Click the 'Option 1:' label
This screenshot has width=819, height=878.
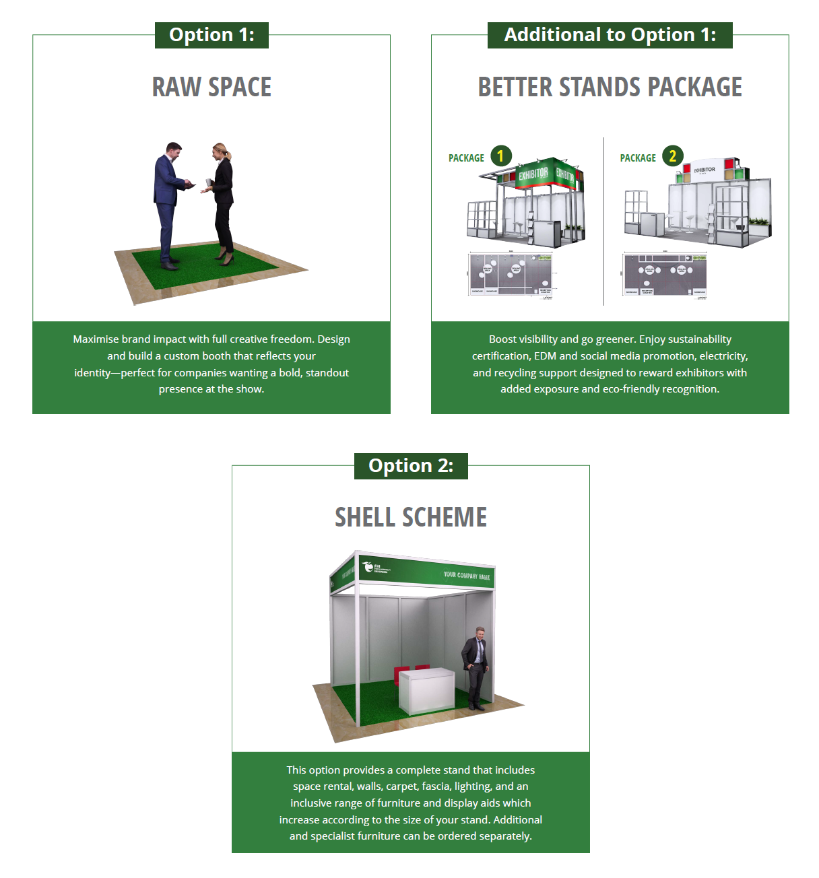(211, 35)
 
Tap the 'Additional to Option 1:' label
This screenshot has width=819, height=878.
(610, 35)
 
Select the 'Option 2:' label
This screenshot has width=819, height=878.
(411, 466)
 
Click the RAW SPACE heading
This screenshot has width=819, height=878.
(211, 88)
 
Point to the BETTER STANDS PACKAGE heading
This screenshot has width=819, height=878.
(610, 88)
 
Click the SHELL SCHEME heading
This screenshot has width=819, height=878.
(411, 518)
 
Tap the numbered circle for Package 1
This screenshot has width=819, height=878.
(500, 156)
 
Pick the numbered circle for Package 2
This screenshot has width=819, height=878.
(672, 156)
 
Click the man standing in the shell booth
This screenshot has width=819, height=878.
(476, 667)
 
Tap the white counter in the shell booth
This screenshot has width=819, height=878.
(426, 689)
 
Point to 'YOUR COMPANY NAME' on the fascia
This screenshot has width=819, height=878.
(467, 576)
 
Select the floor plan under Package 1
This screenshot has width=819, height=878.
(510, 274)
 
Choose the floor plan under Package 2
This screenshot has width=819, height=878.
(665, 274)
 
